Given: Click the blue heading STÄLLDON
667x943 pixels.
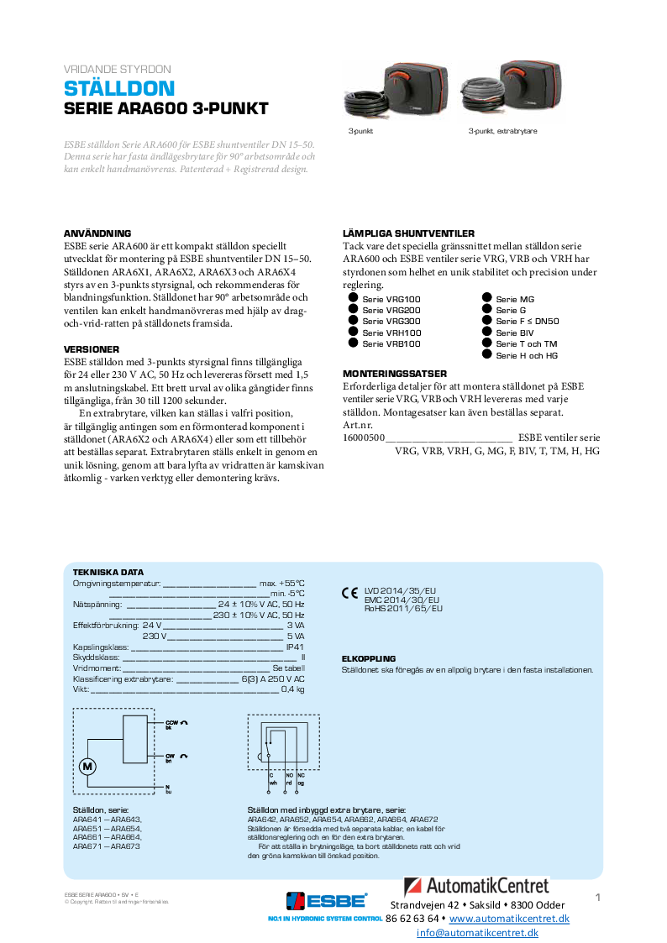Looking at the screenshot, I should point(119,89).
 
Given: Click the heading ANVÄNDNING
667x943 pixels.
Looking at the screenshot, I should point(97,233).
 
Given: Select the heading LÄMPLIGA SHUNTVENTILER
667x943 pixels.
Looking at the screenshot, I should point(409,233).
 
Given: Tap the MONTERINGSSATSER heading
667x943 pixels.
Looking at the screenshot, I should point(395,374).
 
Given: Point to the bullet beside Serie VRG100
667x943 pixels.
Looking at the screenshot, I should point(353,299).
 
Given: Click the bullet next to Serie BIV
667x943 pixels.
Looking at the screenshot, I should point(486,333).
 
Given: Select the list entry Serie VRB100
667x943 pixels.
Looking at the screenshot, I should point(391,344).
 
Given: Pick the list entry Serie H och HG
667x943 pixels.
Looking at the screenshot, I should point(527,356).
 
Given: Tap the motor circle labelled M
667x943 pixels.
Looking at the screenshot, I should point(88,766).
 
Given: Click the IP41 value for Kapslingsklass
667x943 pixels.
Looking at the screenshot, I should point(295,647).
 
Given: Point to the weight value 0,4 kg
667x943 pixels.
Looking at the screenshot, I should point(292,689).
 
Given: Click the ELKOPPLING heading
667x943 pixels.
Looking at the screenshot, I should point(369,659).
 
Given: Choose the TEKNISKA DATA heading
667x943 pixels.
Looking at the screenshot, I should point(108,572).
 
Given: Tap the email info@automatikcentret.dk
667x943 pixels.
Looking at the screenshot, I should point(477,933).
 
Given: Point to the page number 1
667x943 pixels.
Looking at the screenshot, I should point(598,898).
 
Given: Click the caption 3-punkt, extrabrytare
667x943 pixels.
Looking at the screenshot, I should point(502,132).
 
